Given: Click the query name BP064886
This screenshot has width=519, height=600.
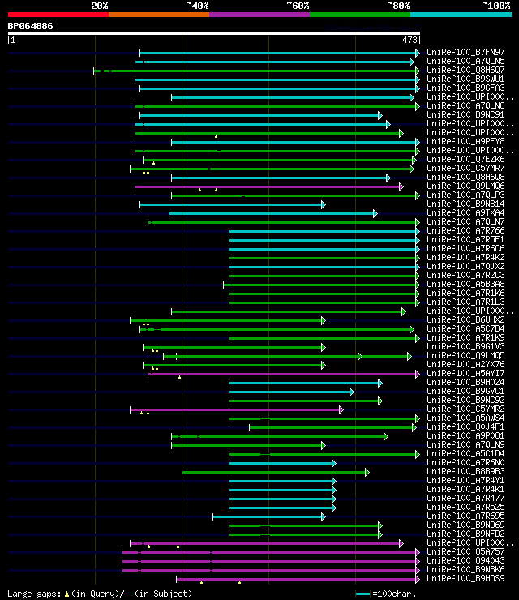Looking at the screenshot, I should [x=31, y=26].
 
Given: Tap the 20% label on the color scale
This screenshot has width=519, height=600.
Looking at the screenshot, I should [x=100, y=5].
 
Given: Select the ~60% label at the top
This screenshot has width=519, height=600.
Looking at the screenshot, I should [x=298, y=5].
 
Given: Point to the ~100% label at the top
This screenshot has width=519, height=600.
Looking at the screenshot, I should [x=495, y=5].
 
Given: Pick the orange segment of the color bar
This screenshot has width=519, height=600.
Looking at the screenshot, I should [x=159, y=14].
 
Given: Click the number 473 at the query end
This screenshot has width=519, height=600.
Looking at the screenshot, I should [x=410, y=39].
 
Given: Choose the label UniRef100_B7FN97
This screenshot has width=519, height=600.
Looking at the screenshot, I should [x=465, y=52].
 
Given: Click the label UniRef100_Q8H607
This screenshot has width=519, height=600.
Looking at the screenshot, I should [x=465, y=70].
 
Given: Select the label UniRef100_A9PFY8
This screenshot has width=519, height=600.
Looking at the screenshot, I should [x=465, y=141].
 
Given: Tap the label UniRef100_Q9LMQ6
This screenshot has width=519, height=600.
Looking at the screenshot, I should [x=465, y=186].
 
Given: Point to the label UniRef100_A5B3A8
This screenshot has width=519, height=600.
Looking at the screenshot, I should [x=465, y=284].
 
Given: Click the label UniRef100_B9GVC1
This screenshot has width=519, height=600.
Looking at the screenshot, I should [x=465, y=391].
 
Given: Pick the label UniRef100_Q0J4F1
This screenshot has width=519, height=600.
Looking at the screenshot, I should [x=465, y=426].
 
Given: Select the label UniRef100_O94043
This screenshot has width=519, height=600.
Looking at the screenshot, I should [x=465, y=560].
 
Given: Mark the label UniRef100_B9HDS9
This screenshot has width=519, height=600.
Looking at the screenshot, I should [x=465, y=578].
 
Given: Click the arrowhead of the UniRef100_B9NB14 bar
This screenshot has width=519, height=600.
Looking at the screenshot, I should [x=323, y=204].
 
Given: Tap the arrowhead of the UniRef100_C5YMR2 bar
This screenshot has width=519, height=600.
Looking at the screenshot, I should [x=341, y=409].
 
